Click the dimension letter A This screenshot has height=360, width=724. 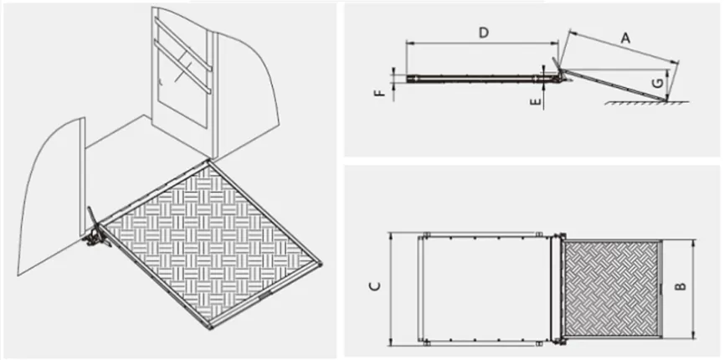click(x=624, y=37)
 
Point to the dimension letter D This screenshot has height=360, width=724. click(x=483, y=33)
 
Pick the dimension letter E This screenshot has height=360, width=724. click(x=537, y=100)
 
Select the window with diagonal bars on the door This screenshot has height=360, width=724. click(x=180, y=71)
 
